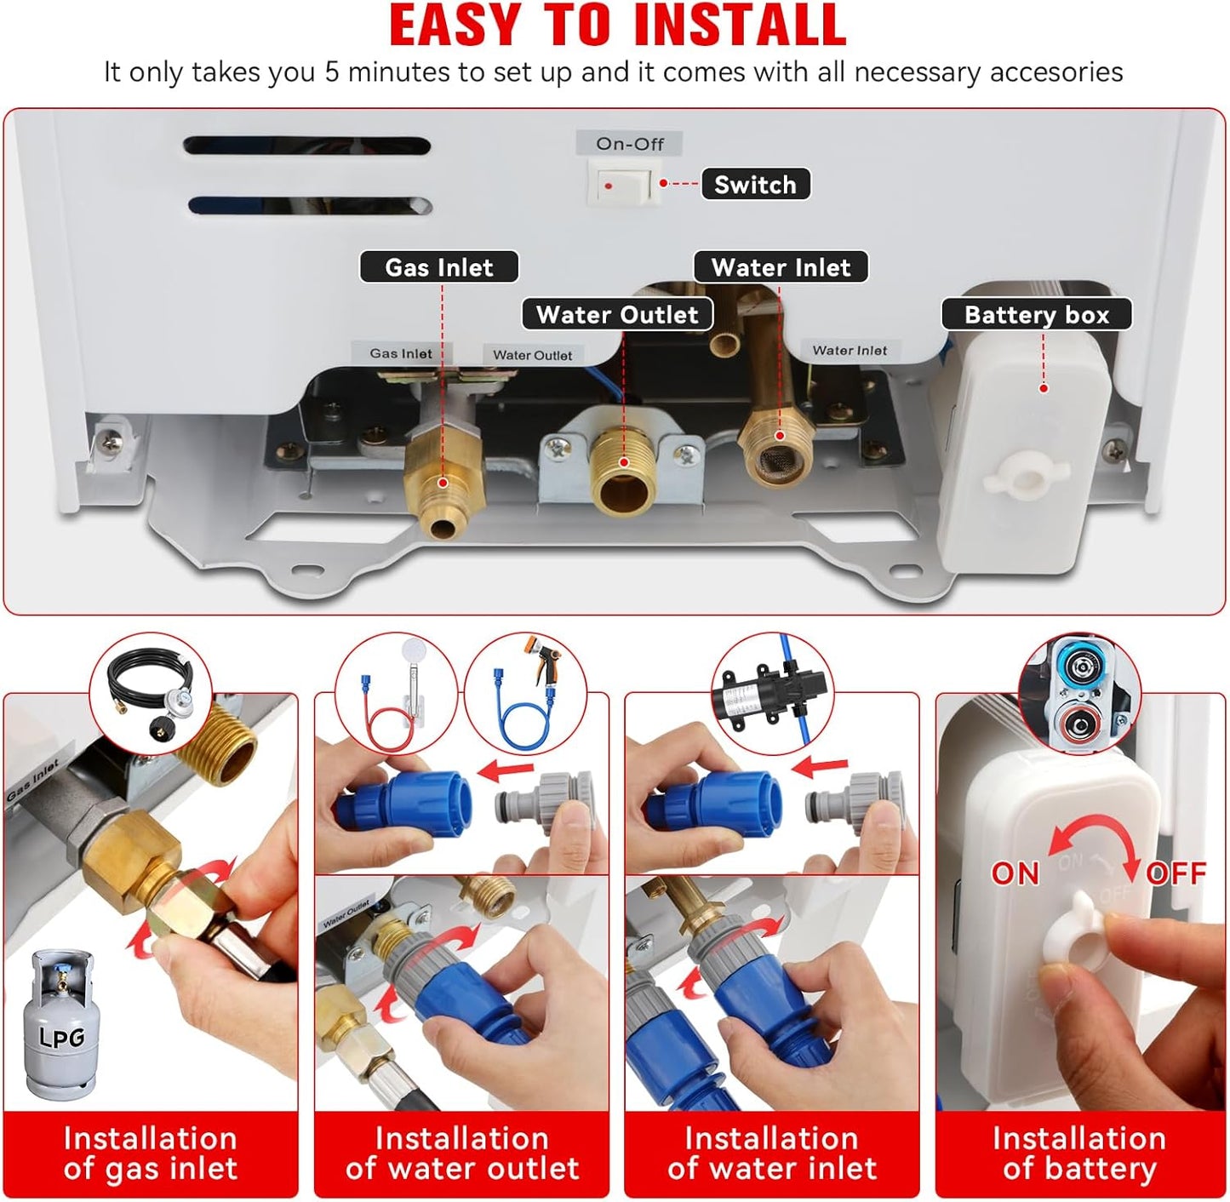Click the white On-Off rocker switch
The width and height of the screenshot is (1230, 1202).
624,185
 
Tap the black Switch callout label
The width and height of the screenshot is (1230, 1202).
755,185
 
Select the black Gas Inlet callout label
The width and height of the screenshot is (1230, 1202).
438,267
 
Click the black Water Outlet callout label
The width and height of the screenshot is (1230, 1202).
617,315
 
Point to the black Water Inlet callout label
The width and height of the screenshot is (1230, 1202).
781,267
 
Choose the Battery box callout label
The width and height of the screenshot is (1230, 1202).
1036,315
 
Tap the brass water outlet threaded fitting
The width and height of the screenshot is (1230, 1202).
623,472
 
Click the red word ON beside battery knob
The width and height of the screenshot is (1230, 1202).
1015,873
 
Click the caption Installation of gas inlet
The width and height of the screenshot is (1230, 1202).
150,1153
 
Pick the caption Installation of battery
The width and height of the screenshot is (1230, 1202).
1078,1153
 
